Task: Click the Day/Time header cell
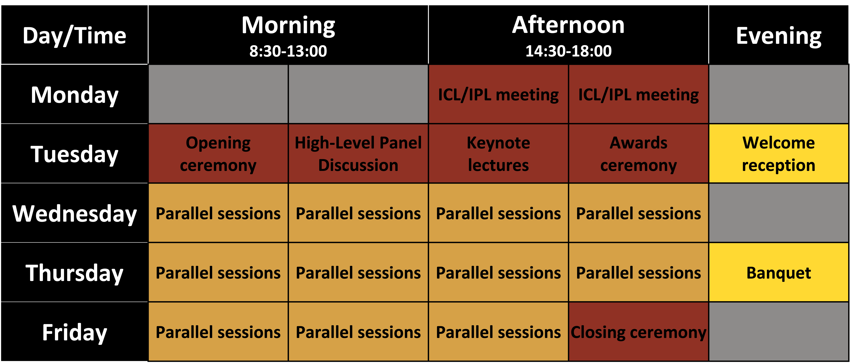[x=74, y=35]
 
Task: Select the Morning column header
[x=288, y=35]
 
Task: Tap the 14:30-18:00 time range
[x=568, y=51]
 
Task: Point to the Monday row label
[x=74, y=94]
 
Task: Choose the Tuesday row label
[x=74, y=154]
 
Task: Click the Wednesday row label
[x=74, y=213]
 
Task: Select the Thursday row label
[x=74, y=273]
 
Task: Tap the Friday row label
[x=74, y=332]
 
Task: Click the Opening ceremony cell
[x=218, y=154]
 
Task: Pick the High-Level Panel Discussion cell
[x=358, y=154]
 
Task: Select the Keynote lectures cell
[x=498, y=154]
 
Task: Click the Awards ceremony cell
[x=638, y=154]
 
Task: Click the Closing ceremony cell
[x=638, y=332]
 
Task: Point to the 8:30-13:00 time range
[x=288, y=51]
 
